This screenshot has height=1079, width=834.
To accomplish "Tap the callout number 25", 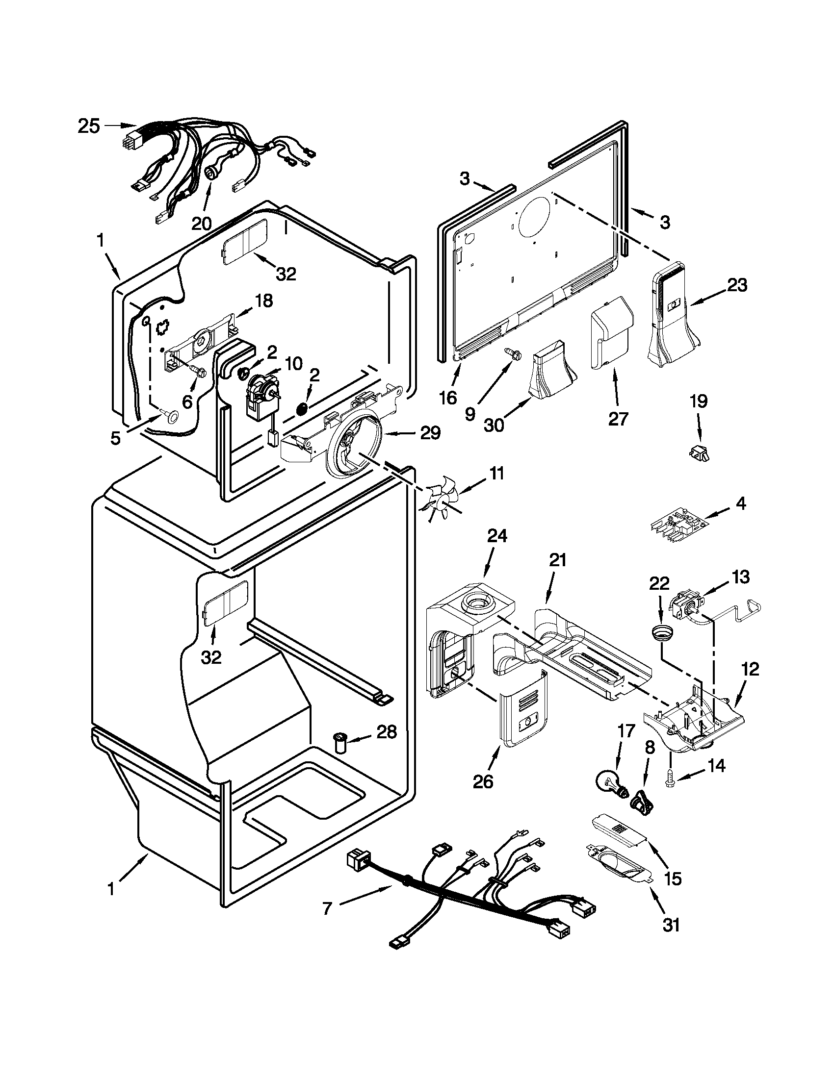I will tap(89, 126).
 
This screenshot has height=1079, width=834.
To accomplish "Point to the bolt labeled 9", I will tap(509, 352).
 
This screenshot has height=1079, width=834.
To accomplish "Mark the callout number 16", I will tap(448, 398).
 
